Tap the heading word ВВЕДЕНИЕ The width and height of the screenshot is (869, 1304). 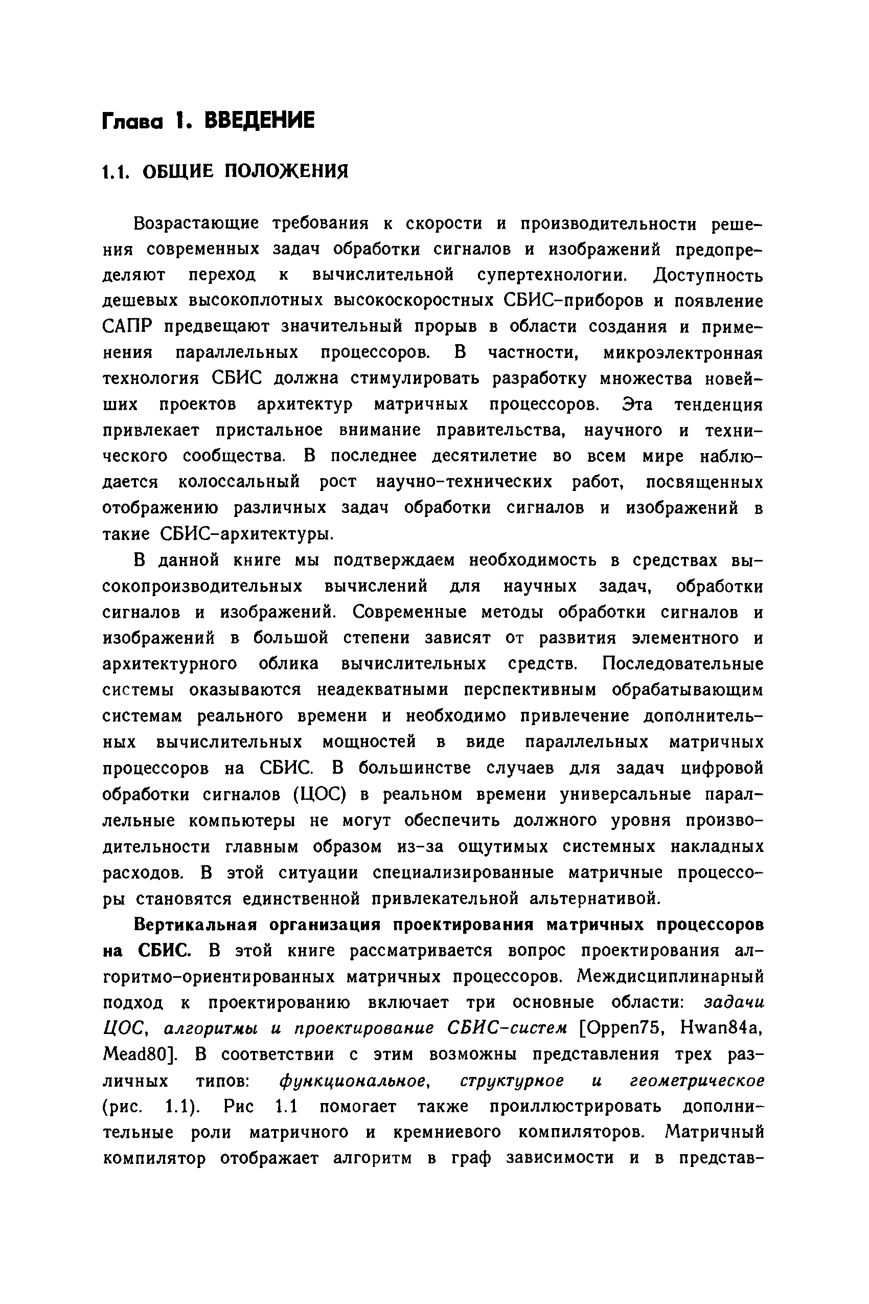[x=259, y=120]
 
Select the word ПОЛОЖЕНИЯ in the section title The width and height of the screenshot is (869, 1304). [x=286, y=171]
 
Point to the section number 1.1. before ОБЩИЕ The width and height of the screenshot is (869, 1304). [x=116, y=172]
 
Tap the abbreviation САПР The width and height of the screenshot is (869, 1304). [x=127, y=327]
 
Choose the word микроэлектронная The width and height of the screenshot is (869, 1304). [x=683, y=353]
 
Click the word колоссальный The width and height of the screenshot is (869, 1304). [x=239, y=482]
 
